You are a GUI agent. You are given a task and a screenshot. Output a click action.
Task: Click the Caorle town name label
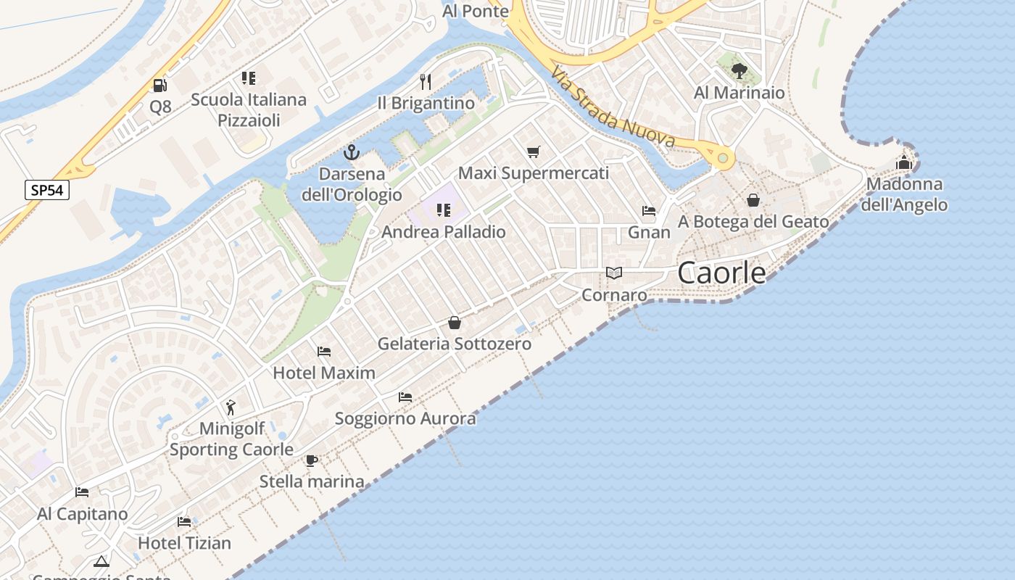point(721,273)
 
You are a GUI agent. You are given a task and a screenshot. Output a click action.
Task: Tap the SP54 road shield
point(47,191)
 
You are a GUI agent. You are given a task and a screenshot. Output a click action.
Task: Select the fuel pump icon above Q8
point(159,86)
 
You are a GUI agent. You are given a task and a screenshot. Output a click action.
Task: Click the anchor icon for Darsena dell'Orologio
point(351,152)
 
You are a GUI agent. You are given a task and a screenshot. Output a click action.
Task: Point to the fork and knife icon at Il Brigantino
point(426,81)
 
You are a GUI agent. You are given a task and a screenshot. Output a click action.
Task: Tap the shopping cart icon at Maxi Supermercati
point(534,152)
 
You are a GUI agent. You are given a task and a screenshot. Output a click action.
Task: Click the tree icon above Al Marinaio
point(739,71)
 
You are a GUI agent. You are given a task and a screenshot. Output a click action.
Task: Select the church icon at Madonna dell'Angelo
point(903,162)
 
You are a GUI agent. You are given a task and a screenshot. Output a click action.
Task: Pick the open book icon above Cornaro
point(614,273)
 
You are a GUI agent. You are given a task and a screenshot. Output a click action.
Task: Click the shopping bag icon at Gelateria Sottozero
point(454,323)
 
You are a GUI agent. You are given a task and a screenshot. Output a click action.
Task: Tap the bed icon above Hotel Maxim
point(324,352)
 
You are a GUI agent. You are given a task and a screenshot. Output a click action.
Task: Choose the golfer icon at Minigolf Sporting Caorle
point(231,407)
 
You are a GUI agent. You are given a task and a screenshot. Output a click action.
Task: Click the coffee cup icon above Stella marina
point(312,460)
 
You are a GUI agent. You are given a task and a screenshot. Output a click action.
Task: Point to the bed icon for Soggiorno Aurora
point(405,397)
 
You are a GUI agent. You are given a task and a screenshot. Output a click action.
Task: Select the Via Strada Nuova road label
point(612,108)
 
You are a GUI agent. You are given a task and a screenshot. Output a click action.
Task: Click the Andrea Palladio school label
point(444,232)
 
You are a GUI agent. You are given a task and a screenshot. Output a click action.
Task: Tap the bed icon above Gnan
point(649,211)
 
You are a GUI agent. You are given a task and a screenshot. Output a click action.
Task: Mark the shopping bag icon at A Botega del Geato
point(753,200)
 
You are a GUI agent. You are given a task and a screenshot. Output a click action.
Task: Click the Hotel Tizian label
point(184,542)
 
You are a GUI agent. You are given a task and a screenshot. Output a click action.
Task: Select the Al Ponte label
point(476,11)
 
